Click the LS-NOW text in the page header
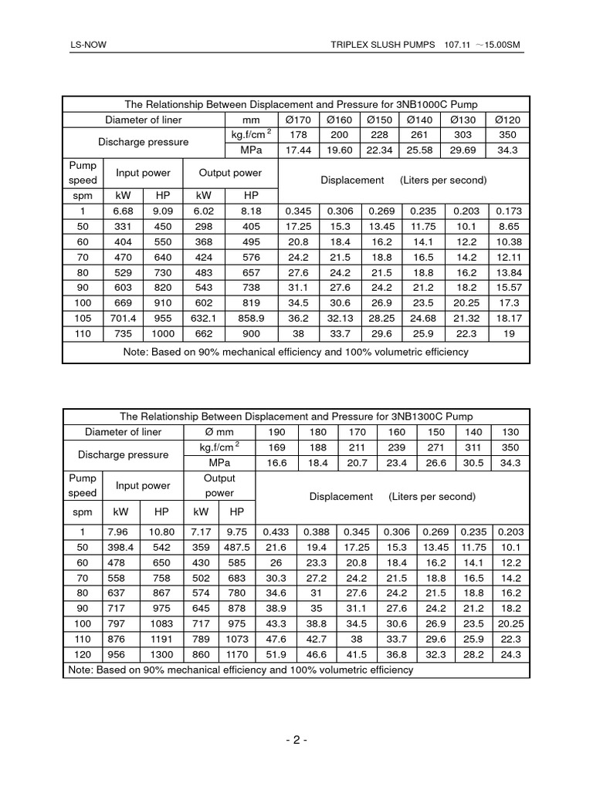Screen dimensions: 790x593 pyautogui.click(x=88, y=46)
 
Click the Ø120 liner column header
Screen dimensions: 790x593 pyautogui.click(x=509, y=120)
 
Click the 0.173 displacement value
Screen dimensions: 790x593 pyautogui.click(x=509, y=211)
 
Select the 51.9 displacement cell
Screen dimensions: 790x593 pyautogui.click(x=276, y=654)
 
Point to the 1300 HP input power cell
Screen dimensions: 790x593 pyautogui.click(x=163, y=654)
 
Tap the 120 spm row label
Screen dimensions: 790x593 pyautogui.click(x=82, y=654)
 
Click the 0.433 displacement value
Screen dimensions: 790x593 pyautogui.click(x=276, y=532)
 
